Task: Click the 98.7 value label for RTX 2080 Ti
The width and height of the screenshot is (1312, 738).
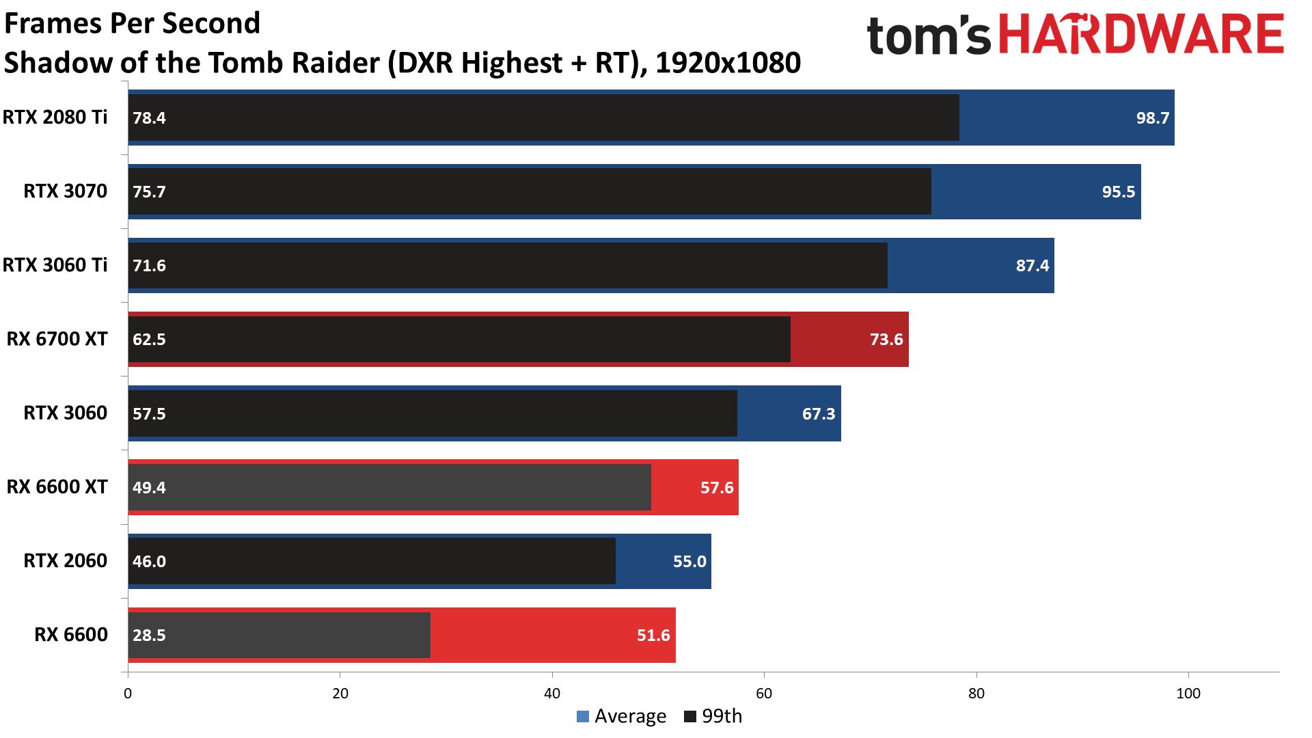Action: point(1152,118)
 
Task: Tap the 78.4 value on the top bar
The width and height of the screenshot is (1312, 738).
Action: point(149,118)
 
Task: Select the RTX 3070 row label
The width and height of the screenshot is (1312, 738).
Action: point(66,191)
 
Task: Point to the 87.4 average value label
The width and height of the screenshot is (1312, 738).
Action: point(1032,266)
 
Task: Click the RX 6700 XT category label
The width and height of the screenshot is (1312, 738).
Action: point(57,340)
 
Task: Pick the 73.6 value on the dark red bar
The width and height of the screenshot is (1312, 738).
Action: point(886,340)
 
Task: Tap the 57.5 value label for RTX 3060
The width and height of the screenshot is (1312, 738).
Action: point(149,413)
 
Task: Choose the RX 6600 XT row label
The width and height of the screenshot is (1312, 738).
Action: point(57,487)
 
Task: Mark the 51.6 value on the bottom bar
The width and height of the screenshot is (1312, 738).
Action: point(653,635)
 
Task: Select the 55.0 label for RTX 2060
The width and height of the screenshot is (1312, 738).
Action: point(689,562)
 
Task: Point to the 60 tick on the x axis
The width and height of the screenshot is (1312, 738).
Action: point(764,694)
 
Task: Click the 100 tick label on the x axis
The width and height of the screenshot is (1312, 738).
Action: point(1188,694)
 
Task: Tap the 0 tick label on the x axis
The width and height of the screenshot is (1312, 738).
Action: point(128,694)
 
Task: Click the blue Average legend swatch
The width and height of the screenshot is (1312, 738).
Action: point(583,716)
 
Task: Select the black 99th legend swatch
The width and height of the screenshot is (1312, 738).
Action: point(690,716)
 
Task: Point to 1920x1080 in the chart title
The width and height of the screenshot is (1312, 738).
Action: point(728,63)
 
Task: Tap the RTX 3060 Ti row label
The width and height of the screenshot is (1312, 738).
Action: point(55,265)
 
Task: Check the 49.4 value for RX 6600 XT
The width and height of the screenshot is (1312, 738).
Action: point(149,488)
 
